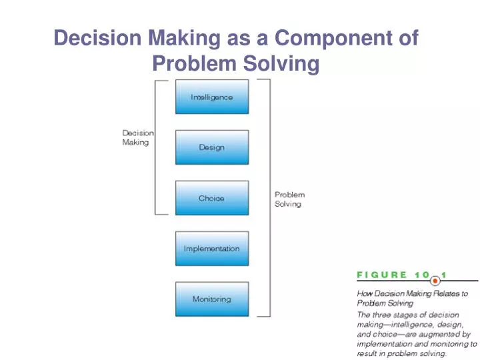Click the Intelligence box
(211, 97)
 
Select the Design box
(211, 147)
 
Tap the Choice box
(211, 198)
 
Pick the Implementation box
(211, 249)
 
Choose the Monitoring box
(211, 299)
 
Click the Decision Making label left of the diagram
(137, 137)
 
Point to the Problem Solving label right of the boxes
(289, 199)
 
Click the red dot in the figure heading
(435, 281)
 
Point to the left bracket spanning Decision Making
(156, 147)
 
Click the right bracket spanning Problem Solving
(269, 197)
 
